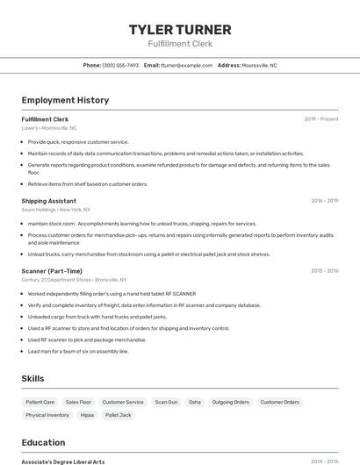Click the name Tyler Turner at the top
(180, 29)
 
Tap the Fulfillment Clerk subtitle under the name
(180, 44)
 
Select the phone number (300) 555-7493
(120, 65)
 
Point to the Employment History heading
(65, 100)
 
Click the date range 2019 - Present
(321, 119)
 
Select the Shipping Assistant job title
(48, 201)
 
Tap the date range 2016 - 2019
(324, 201)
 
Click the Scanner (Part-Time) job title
(52, 271)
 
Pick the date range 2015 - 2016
(324, 271)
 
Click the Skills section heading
(33, 378)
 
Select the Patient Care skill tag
(40, 402)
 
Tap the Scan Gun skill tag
(166, 402)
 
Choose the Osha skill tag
(194, 402)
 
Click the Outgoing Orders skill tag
(230, 402)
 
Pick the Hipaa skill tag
(87, 415)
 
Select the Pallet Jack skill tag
(118, 415)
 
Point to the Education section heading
(43, 442)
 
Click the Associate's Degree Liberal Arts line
(62, 461)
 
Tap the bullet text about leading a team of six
(78, 351)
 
